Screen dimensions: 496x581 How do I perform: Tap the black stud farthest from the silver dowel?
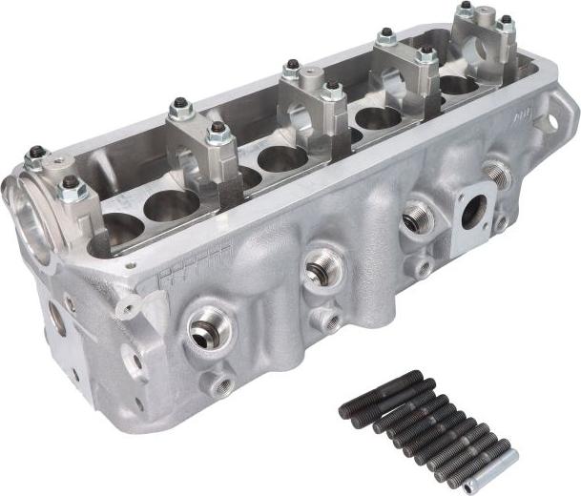pyautogui.click(x=381, y=394)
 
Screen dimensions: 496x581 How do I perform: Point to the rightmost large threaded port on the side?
pyautogui.click(x=497, y=173)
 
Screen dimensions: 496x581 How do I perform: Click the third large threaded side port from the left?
pyautogui.click(x=417, y=217)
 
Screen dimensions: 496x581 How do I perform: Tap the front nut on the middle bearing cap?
pyautogui.click(x=332, y=92)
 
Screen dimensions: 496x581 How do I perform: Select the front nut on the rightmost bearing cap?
pyautogui.click(x=506, y=22)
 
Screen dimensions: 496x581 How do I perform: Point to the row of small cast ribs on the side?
pyautogui.click(x=197, y=266)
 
